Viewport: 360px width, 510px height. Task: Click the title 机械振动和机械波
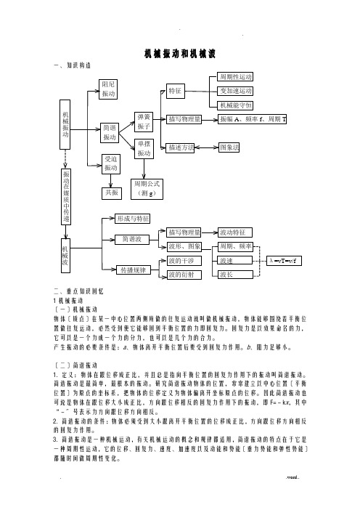[x=180, y=54]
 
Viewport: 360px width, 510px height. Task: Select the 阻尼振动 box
[x=108, y=89]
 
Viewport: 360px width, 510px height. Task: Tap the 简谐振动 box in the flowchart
[x=110, y=133]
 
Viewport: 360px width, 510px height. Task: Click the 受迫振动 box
[x=111, y=164]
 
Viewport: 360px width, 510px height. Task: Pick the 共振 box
[x=112, y=193]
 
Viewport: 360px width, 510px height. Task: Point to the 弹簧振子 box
[x=144, y=121]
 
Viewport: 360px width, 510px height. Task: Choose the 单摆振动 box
[x=144, y=149]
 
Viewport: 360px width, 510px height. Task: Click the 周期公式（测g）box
[x=147, y=189]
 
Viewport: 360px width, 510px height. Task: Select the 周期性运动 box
[x=236, y=77]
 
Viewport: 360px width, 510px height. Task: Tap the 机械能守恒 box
[x=236, y=105]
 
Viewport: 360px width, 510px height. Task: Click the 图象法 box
[x=229, y=147]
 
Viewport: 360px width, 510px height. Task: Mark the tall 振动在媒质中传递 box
[x=66, y=196]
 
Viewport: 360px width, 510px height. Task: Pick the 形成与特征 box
[x=133, y=219]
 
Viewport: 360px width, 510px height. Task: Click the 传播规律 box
[x=134, y=270]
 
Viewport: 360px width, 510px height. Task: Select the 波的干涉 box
[x=184, y=261]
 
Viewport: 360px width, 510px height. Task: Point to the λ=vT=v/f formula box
[x=284, y=261]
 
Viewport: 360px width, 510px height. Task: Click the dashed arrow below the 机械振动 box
[x=66, y=158]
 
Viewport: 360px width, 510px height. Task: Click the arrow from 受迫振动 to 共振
[x=111, y=181]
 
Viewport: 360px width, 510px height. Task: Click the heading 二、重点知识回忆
[x=78, y=291]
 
